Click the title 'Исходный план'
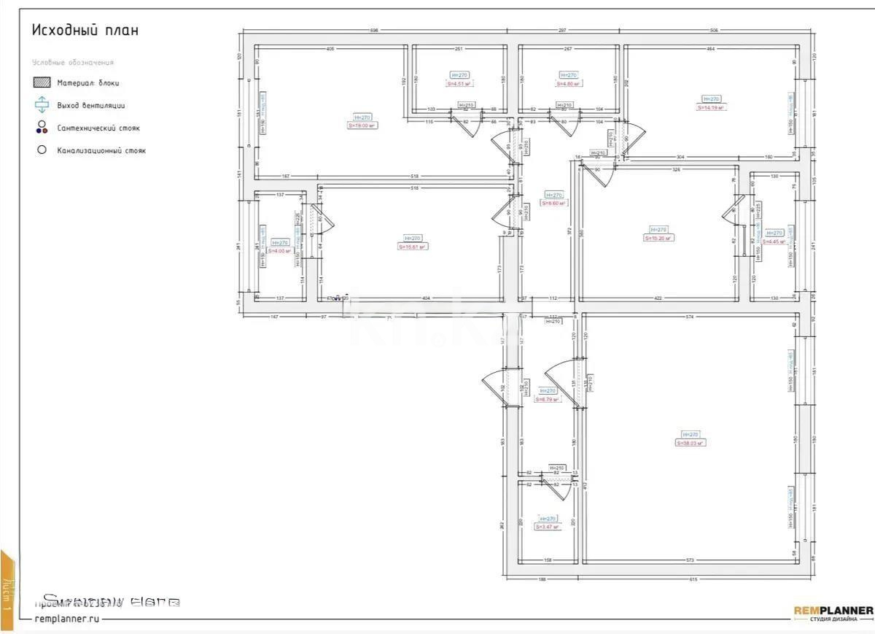click(x=85, y=31)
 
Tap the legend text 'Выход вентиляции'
click(x=90, y=106)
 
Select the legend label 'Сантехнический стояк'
click(x=98, y=128)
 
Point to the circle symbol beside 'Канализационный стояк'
click(x=42, y=150)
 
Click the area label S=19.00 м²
click(x=362, y=125)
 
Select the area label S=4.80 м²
click(x=568, y=84)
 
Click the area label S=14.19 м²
click(x=711, y=107)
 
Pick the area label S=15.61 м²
click(x=412, y=247)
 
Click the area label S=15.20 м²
click(x=658, y=238)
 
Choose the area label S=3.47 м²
click(x=547, y=527)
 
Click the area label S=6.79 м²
click(x=547, y=399)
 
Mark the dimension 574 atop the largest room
click(x=688, y=317)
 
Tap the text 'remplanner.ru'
click(x=66, y=618)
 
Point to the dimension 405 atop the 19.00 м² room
click(x=330, y=49)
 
